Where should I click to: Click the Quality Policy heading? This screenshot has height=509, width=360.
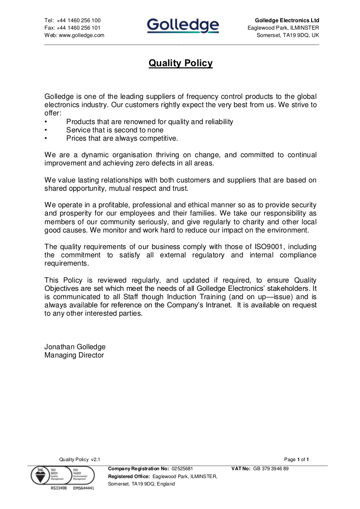coord(180,63)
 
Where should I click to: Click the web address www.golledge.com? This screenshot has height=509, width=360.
coord(82,35)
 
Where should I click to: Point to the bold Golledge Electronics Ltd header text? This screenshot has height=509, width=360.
coord(287,20)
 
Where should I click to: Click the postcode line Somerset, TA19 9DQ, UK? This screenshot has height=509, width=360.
coord(288,35)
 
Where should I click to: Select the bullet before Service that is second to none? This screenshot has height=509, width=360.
coord(46,130)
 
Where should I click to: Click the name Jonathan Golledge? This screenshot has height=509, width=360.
coord(75,347)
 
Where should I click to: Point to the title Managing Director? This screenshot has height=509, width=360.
coord(74,355)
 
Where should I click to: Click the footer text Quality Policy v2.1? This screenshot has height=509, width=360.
coord(80,459)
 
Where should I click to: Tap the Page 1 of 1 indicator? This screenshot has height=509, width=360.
coord(296,459)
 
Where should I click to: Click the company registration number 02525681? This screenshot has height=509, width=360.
coord(182,469)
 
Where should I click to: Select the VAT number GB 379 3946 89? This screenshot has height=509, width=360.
coord(271,469)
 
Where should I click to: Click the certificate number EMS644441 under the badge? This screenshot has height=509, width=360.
coord(83,488)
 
